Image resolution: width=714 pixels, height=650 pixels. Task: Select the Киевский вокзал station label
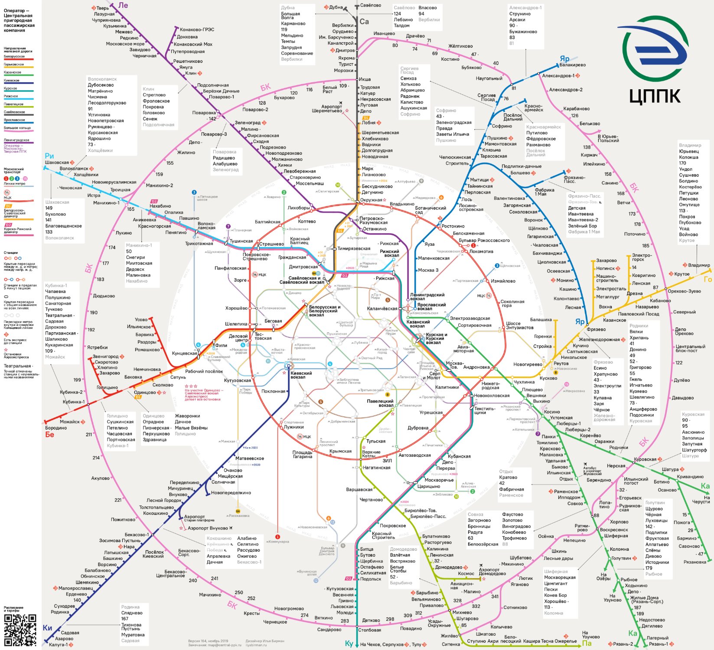[x=301, y=375]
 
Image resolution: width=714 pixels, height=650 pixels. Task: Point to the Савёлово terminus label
[x=371, y=5]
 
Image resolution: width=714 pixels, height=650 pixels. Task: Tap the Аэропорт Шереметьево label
[x=327, y=109]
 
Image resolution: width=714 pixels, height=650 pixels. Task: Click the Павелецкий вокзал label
[x=380, y=403]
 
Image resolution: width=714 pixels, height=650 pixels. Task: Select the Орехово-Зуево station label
[x=684, y=291]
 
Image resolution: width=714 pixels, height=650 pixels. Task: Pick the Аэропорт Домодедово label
[x=492, y=572]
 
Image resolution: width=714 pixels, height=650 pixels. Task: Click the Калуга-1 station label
[x=58, y=645]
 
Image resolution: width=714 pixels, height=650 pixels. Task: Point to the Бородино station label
[x=56, y=428]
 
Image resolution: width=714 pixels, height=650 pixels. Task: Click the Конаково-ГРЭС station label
[x=197, y=29]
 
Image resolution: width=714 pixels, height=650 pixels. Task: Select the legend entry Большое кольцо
[x=17, y=128]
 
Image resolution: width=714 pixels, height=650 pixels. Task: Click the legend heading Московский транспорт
[x=14, y=171]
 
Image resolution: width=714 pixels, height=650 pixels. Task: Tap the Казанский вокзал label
[x=418, y=324]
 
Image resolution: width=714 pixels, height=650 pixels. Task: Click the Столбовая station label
[x=370, y=630]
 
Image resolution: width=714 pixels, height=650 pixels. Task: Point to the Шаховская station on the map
[x=57, y=162]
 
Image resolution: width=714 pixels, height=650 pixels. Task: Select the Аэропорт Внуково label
[x=208, y=528]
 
